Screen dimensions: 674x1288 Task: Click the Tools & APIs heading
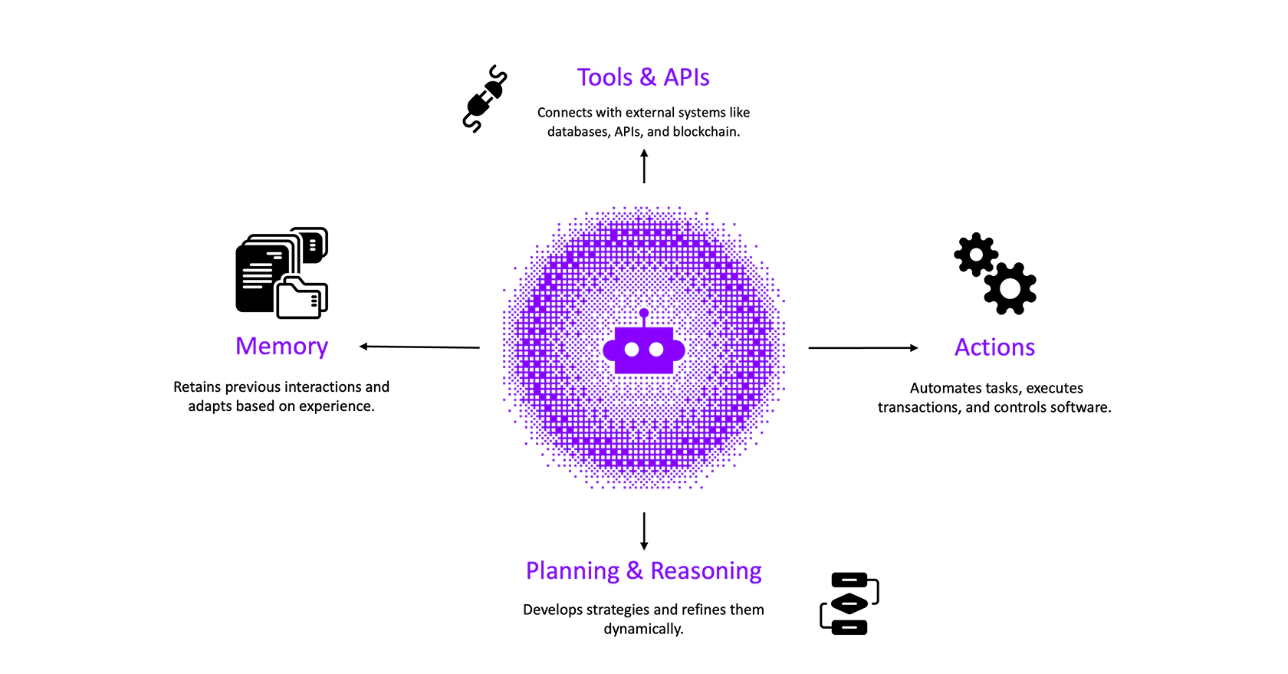(643, 77)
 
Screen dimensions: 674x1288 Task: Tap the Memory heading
(281, 347)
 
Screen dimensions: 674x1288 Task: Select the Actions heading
(994, 347)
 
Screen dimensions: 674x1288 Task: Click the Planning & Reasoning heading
(643, 571)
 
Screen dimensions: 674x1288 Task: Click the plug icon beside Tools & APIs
(485, 99)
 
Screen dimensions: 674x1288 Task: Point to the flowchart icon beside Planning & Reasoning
(849, 603)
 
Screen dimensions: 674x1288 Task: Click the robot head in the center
(644, 350)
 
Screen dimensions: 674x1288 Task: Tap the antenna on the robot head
(644, 315)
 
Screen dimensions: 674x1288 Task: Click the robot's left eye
(632, 350)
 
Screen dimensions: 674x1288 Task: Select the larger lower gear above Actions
(1010, 288)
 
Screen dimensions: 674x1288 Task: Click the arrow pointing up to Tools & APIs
(644, 166)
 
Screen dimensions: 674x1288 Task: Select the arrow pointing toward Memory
(419, 347)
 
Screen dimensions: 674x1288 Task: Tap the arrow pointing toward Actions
(863, 348)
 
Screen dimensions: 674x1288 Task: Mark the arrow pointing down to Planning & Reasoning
(644, 531)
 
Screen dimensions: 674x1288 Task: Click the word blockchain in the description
(705, 132)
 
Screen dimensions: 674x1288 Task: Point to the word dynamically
(643, 630)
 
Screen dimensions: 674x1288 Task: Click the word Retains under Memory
(197, 387)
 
